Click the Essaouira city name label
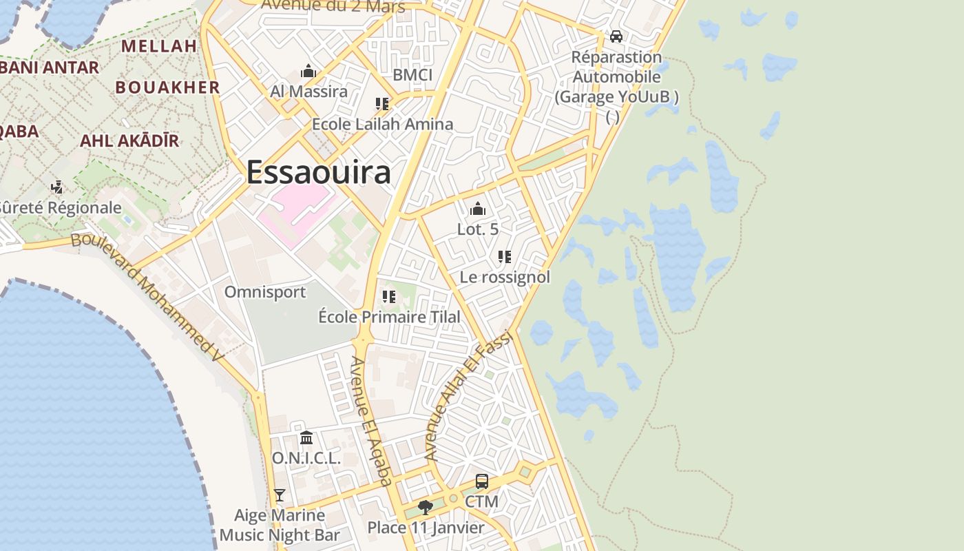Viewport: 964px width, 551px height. click(x=318, y=171)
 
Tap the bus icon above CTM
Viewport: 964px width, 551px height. click(x=482, y=481)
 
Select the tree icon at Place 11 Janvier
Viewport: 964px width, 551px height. click(x=426, y=508)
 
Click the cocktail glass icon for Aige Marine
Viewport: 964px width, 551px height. click(x=279, y=495)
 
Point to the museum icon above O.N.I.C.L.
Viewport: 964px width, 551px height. click(x=306, y=437)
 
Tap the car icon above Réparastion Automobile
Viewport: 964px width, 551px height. click(x=616, y=36)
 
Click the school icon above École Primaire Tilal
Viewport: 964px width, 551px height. click(x=389, y=297)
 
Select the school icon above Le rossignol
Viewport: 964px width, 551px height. click(x=505, y=257)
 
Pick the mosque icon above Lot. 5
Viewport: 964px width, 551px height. click(x=478, y=209)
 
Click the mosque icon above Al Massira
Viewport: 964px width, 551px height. click(x=308, y=71)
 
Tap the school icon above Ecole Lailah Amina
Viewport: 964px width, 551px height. click(x=382, y=104)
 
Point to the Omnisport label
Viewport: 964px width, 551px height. click(x=265, y=292)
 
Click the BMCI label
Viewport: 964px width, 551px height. click(x=412, y=74)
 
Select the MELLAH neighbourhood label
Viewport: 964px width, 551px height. click(x=159, y=46)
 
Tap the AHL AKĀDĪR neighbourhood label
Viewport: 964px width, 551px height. click(x=129, y=141)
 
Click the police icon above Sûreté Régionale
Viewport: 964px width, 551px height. click(x=57, y=187)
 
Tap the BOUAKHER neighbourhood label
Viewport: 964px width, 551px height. click(x=167, y=87)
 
